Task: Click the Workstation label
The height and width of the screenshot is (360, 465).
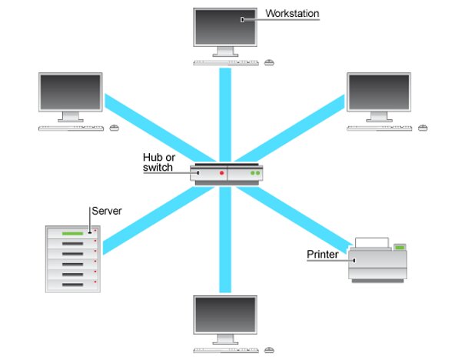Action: click(x=292, y=13)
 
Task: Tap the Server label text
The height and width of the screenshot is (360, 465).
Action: click(x=106, y=211)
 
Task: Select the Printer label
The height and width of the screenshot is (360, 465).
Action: click(x=322, y=254)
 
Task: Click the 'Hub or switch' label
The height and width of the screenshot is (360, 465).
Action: click(x=158, y=162)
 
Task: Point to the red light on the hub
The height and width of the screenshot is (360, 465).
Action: click(x=222, y=174)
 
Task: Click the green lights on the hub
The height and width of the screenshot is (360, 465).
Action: click(x=256, y=174)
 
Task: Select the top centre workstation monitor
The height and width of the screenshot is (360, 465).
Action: click(x=225, y=27)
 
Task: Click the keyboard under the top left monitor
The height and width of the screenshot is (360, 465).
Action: click(x=71, y=128)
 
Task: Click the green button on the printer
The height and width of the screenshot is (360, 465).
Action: click(x=398, y=247)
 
